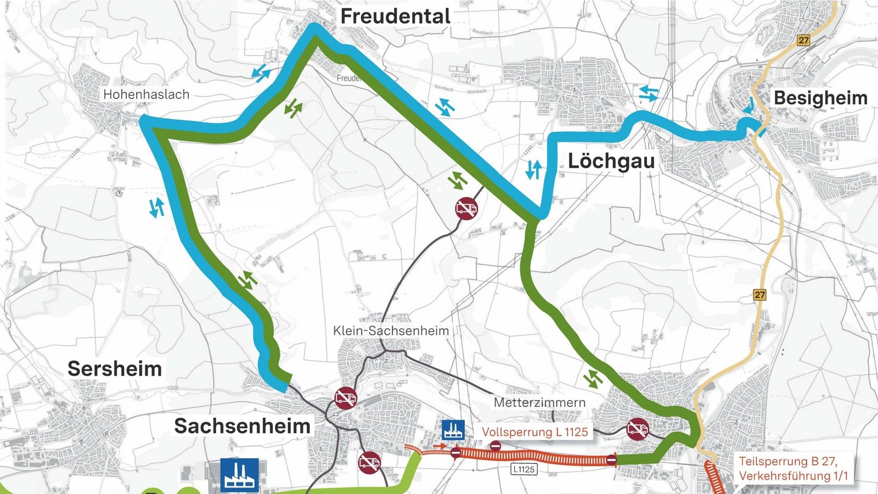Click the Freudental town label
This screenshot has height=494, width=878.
tap(395, 16)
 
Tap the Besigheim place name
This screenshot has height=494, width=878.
tap(820, 98)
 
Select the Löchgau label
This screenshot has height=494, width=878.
tap(611, 161)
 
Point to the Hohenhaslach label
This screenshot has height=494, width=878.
tap(146, 94)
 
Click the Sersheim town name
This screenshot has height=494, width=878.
tap(115, 369)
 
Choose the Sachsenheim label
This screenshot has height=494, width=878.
tap(242, 426)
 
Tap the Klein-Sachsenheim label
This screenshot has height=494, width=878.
tap(391, 331)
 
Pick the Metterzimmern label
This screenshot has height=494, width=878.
tap(539, 402)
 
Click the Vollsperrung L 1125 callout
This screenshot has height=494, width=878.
tap(534, 432)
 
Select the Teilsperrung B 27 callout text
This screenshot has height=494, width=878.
tap(792, 468)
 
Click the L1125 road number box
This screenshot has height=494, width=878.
tap(524, 469)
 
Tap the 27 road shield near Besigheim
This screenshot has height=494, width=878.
tap(803, 41)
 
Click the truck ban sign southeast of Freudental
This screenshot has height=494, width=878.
tap(466, 209)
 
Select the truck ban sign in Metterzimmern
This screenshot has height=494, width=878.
tap(637, 428)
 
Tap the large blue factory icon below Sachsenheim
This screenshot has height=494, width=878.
tap(239, 475)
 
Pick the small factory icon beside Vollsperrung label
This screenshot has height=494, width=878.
tap(453, 430)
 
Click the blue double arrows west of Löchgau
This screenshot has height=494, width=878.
tap(533, 170)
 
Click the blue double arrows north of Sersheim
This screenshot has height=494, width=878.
tap(157, 207)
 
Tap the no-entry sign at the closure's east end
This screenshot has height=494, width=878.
tap(611, 460)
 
